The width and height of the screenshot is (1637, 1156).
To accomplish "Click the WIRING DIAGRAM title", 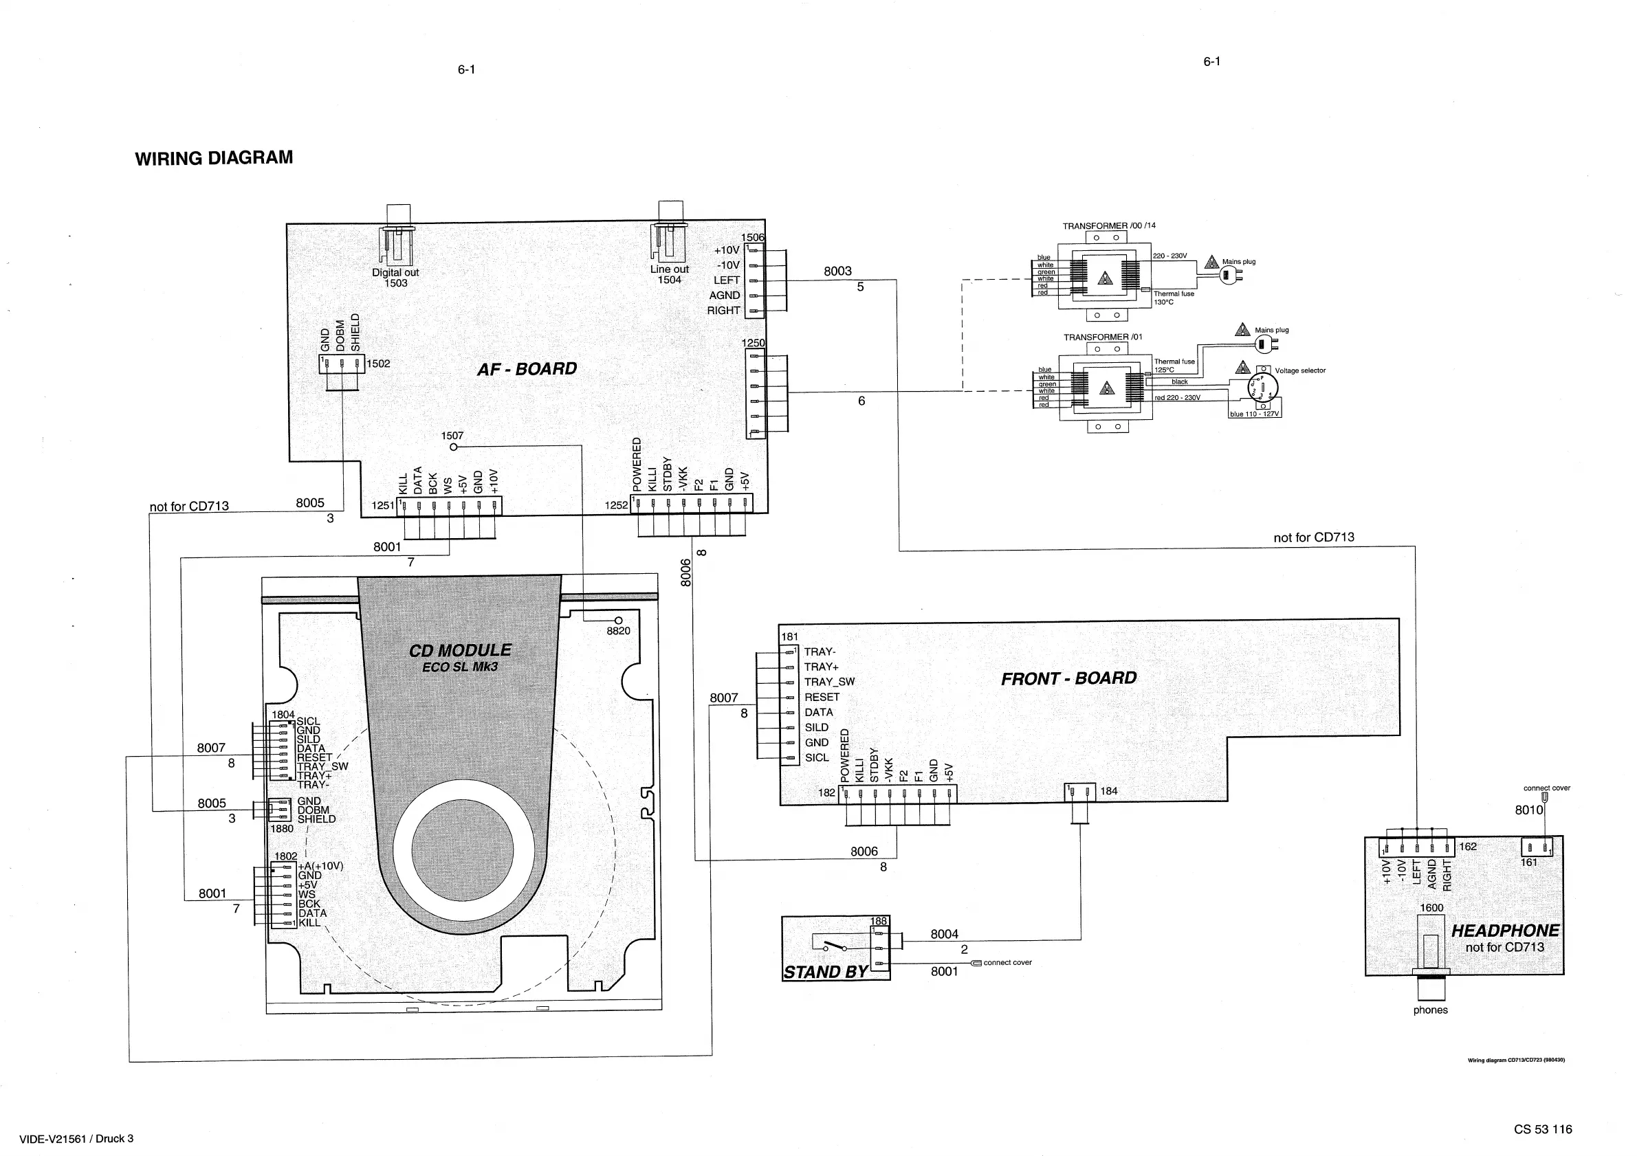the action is (214, 157).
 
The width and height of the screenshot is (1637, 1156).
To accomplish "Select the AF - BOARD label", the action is (527, 369).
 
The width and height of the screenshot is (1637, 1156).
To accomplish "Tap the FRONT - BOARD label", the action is (1068, 678).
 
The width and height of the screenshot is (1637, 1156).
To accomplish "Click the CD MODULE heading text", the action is (460, 651).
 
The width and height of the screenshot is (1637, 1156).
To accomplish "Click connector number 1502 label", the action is (378, 364).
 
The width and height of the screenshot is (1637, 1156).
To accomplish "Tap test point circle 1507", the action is (454, 447).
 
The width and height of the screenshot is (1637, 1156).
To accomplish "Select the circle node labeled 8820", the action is (618, 621).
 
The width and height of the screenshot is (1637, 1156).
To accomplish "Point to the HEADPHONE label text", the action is (1505, 931).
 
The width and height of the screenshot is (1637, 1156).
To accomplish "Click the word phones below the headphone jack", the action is (1430, 1010).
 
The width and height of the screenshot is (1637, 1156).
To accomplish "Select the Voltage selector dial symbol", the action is (1263, 388).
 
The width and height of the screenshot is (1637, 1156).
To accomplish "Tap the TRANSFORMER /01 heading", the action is (1103, 337).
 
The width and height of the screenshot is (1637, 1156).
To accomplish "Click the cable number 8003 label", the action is (837, 271).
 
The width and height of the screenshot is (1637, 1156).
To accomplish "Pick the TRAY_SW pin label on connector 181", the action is (829, 682).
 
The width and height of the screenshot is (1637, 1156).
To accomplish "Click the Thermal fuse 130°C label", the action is (1174, 298).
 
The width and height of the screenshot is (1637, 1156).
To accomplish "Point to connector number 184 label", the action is (1109, 791).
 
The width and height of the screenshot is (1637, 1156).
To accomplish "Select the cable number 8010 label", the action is (1528, 810).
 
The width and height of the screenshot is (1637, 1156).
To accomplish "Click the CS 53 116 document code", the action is (1543, 1129).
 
